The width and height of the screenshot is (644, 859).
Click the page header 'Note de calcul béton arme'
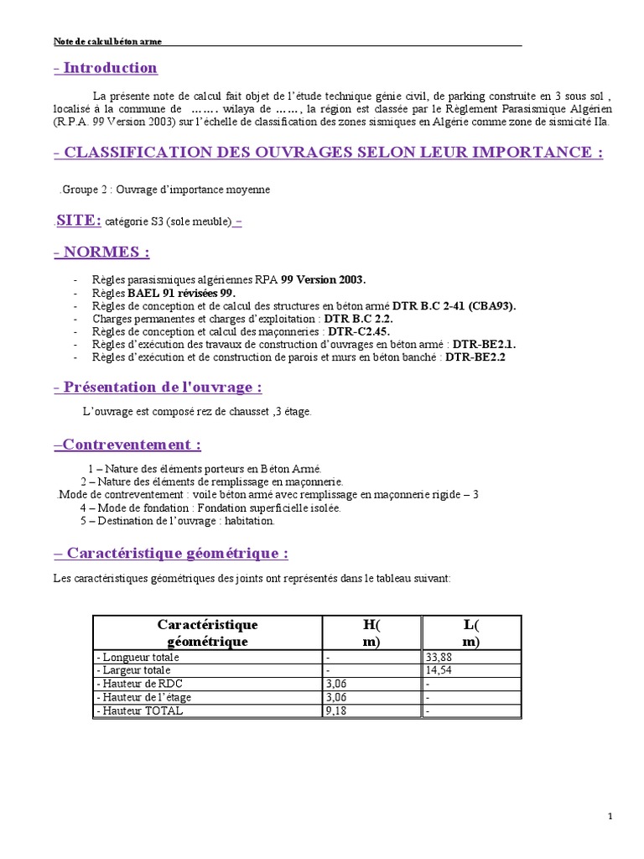coord(107,41)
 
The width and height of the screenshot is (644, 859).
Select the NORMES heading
coord(101,252)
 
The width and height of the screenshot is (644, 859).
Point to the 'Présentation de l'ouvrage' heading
coord(158,387)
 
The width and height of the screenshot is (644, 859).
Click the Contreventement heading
coord(128,444)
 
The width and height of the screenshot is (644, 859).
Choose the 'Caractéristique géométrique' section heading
coord(172,553)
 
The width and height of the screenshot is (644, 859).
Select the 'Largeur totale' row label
coord(134,671)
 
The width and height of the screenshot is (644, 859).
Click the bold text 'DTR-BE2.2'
coord(475,357)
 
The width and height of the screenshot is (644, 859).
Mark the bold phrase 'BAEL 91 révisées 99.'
coord(181,293)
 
